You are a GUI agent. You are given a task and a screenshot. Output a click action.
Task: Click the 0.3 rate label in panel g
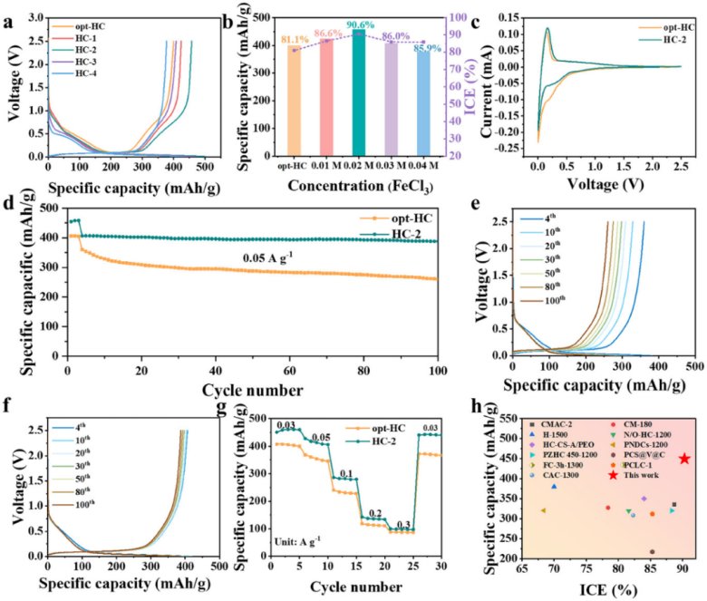[x=402, y=523]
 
